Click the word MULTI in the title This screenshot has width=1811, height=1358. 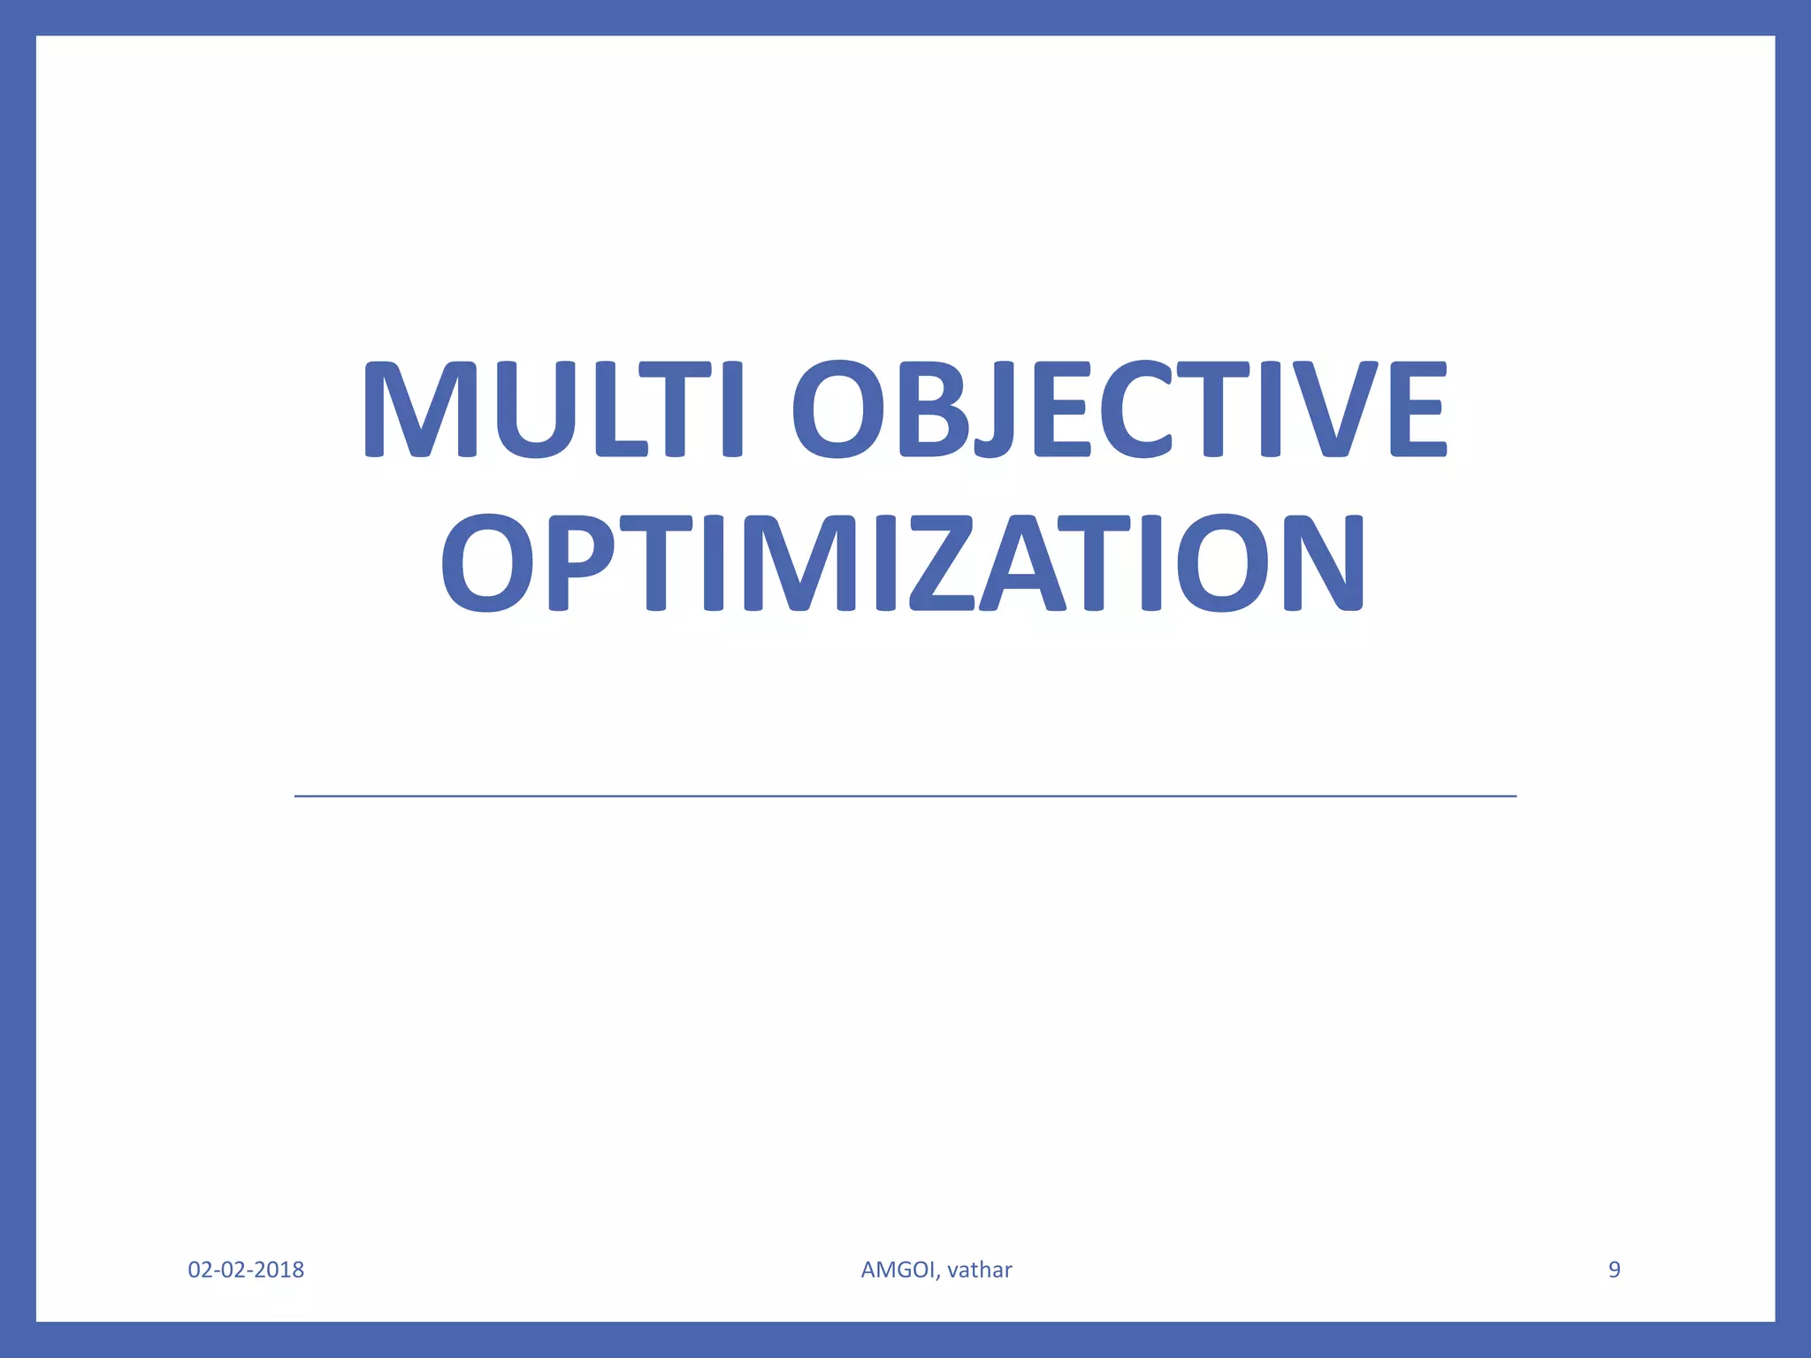[x=552, y=409]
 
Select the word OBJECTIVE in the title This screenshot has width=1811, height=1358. [x=1119, y=409]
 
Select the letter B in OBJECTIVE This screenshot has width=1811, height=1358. [x=938, y=409]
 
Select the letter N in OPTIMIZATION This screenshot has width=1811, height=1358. [x=1318, y=563]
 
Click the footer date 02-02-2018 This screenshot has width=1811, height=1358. [x=246, y=1270]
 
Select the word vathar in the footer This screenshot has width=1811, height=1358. [x=979, y=1270]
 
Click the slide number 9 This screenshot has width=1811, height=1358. [x=1614, y=1270]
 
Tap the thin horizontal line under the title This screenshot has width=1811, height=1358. [x=905, y=797]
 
